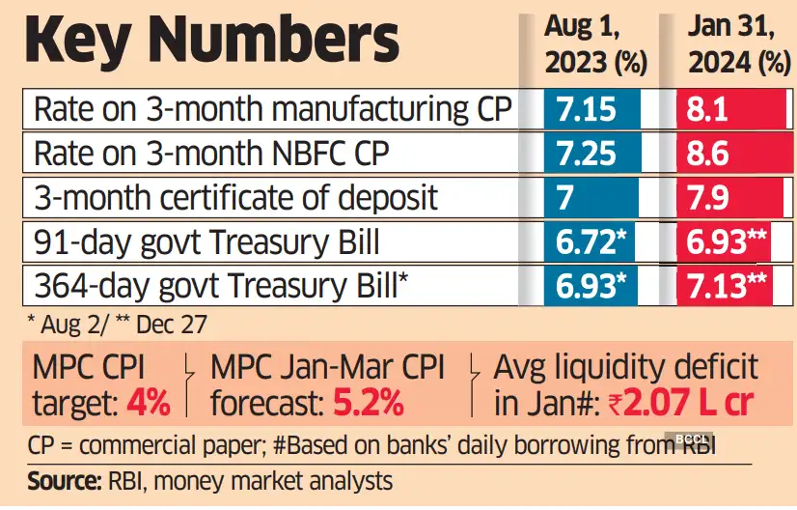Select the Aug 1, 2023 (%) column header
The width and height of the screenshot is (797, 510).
tap(595, 45)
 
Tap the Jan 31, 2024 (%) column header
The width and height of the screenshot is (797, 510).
tap(732, 45)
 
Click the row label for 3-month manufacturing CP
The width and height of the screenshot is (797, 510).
tap(272, 109)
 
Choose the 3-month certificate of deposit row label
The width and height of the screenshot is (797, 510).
tap(236, 198)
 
